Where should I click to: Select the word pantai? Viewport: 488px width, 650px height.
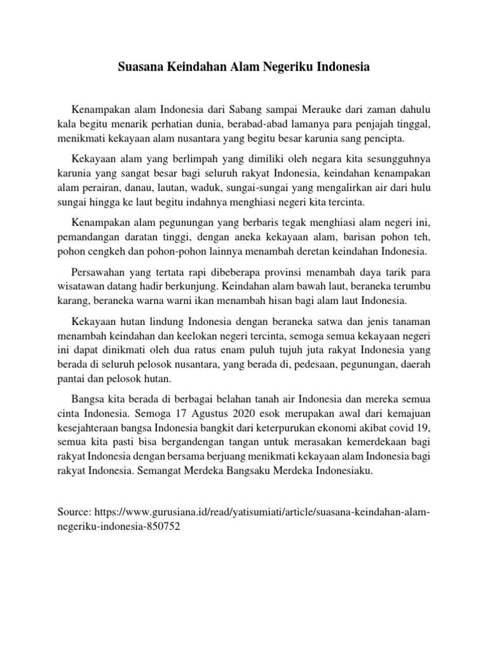pos(72,378)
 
